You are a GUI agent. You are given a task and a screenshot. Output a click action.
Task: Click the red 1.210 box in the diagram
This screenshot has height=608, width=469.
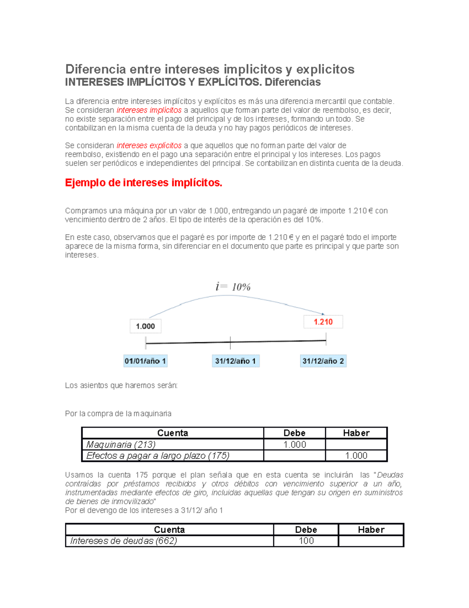point(323,322)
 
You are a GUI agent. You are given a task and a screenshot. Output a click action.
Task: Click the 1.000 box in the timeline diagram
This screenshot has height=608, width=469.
point(145,326)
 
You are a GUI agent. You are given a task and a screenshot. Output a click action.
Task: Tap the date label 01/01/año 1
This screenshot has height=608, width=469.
point(145,361)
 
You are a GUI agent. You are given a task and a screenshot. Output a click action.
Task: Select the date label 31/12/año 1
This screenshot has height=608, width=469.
point(235,361)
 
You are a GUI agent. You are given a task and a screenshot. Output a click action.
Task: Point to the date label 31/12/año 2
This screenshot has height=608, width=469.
point(323,361)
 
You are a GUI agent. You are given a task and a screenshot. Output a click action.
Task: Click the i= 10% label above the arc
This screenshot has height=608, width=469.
point(233,287)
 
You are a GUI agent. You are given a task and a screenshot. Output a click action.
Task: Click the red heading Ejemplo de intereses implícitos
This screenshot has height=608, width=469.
point(143,183)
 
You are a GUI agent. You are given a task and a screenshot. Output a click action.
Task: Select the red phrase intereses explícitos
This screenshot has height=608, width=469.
point(149,146)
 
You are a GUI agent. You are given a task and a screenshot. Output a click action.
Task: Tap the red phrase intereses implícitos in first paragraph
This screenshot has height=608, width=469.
point(149,110)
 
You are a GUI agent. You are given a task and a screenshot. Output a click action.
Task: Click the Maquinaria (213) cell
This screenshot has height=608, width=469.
point(121,445)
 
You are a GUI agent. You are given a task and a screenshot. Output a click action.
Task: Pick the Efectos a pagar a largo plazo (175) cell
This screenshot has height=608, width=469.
point(158,456)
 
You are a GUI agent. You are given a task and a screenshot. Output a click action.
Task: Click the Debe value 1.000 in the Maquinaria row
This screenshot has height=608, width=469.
point(294,445)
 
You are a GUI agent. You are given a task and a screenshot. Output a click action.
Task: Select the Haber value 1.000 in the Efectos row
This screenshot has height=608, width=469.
point(356,456)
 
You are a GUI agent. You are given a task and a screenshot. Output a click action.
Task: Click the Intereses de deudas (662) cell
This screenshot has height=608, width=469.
point(124,541)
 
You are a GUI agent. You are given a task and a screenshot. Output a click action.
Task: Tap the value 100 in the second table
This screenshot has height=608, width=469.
point(306,541)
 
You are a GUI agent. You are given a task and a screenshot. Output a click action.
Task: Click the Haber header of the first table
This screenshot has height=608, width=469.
point(356,433)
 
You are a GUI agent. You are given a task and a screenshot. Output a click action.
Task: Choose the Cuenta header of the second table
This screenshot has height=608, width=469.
point(169,530)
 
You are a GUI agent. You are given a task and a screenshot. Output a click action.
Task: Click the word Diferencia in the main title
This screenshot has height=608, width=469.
point(95,69)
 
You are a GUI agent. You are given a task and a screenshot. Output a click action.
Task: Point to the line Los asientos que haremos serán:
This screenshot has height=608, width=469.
point(121,386)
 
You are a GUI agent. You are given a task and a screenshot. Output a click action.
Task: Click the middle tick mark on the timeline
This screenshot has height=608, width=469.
point(230,343)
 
